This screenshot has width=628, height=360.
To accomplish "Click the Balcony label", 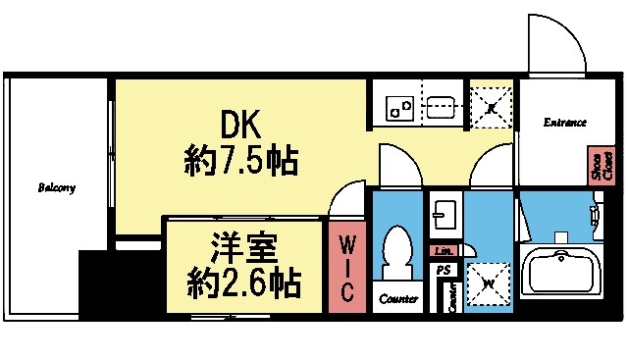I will click(x=57, y=187).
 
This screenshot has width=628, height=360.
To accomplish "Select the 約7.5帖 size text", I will click(x=241, y=160).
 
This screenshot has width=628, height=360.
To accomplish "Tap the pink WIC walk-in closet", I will click(x=346, y=267).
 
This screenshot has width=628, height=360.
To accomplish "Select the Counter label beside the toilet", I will click(x=398, y=299).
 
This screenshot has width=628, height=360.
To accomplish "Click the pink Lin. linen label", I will click(x=443, y=250).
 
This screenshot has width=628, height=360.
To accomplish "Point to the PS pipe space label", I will click(x=444, y=270).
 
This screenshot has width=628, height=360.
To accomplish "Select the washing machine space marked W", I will click(x=488, y=286).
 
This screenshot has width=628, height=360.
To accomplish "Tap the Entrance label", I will click(x=565, y=123).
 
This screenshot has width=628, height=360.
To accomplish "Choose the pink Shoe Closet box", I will click(x=596, y=167).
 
